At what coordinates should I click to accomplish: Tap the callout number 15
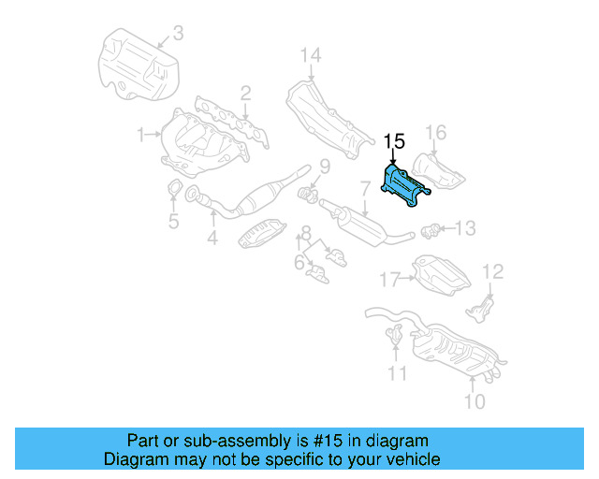pyautogui.click(x=394, y=141)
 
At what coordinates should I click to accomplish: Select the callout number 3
pyautogui.click(x=178, y=36)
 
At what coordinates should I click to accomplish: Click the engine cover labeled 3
pyautogui.click(x=138, y=65)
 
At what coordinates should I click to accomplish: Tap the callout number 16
pyautogui.click(x=437, y=131)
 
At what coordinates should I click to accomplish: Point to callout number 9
pyautogui.click(x=325, y=167)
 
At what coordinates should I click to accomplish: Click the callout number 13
pyautogui.click(x=465, y=227)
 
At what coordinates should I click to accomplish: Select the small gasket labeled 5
pyautogui.click(x=174, y=195)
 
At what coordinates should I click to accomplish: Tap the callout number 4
pyautogui.click(x=212, y=239)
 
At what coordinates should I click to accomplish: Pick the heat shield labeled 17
pyautogui.click(x=439, y=274)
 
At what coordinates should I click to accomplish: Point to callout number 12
pyautogui.click(x=492, y=271)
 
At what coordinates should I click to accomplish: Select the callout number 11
pyautogui.click(x=399, y=374)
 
